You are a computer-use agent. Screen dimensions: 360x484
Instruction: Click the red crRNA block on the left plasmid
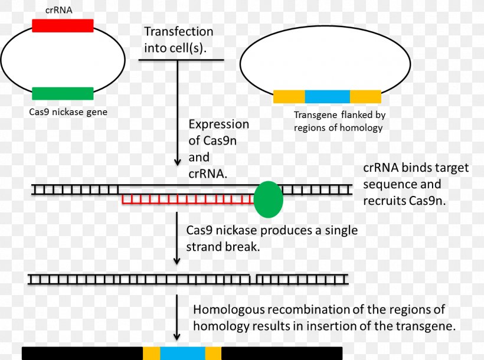(x=63, y=25)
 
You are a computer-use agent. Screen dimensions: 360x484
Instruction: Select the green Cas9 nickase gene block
(x=63, y=93)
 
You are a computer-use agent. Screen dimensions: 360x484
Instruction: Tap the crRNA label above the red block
(x=58, y=10)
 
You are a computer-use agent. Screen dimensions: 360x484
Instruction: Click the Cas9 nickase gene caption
(x=68, y=111)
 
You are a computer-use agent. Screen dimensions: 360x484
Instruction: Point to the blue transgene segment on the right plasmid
(x=327, y=97)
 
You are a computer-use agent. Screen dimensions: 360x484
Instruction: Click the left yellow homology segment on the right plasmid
(x=289, y=97)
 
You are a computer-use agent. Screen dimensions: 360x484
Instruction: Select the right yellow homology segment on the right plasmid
(x=365, y=97)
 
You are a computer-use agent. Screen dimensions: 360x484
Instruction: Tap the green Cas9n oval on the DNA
(x=269, y=199)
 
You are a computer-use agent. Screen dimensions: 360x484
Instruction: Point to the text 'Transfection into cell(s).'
(x=178, y=40)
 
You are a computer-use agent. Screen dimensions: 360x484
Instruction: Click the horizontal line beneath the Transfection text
(x=184, y=60)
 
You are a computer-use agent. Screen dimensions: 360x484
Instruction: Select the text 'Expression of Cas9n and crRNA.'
(x=218, y=149)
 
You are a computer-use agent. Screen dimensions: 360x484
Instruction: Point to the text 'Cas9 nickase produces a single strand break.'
(x=272, y=238)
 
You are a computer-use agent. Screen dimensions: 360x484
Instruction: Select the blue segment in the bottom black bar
(x=182, y=353)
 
